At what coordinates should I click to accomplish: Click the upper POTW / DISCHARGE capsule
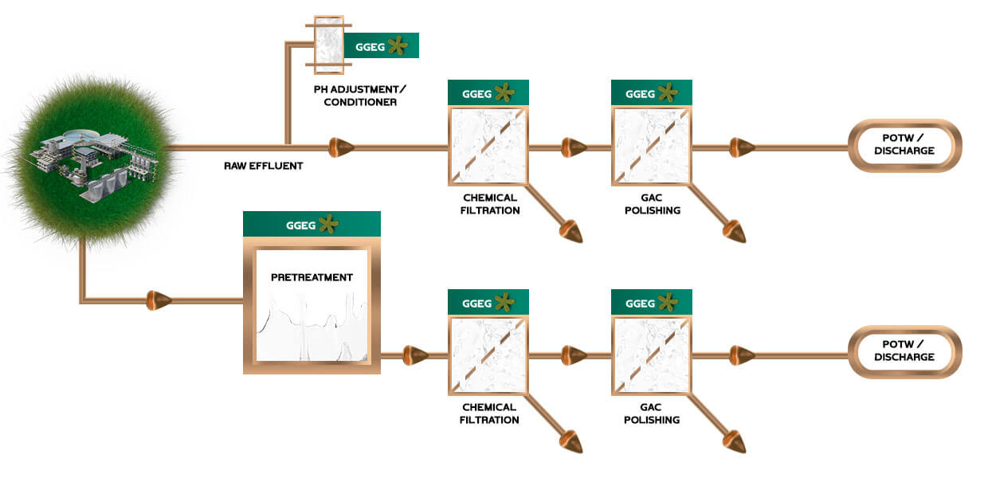tap(904, 145)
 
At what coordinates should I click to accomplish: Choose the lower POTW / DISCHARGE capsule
tap(904, 351)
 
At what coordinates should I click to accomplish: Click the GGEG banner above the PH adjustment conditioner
tap(381, 46)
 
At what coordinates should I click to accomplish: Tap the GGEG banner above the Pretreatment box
tap(312, 225)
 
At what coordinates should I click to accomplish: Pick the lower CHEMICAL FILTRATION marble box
tap(488, 355)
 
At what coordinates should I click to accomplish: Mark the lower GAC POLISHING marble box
tap(651, 355)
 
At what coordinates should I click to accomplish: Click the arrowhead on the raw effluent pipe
tap(342, 147)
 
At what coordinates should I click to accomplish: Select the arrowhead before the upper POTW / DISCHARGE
tap(742, 147)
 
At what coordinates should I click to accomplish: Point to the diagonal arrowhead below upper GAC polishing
tap(735, 232)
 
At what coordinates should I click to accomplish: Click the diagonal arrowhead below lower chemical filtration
tap(571, 441)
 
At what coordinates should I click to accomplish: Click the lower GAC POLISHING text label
tap(651, 413)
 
